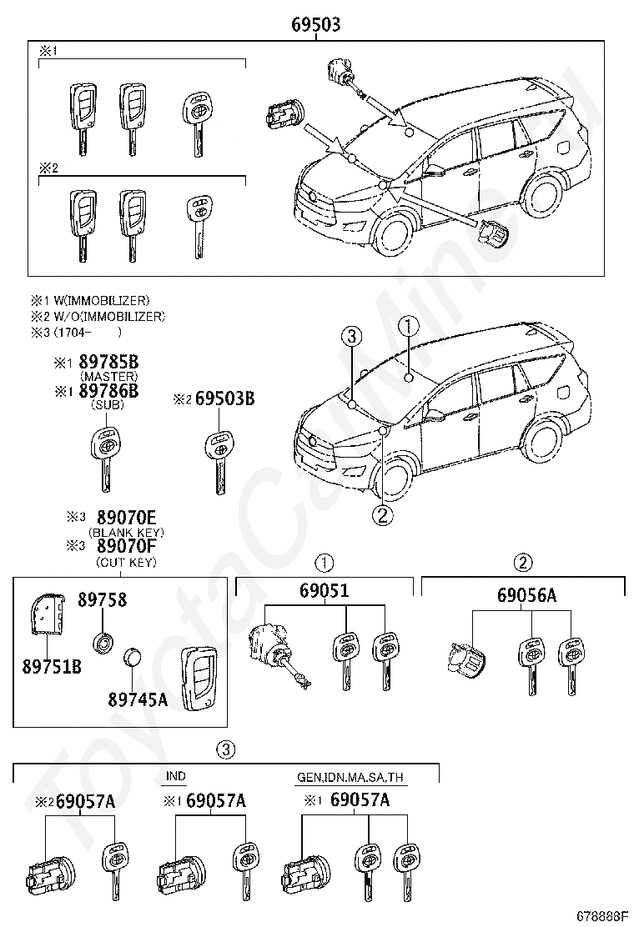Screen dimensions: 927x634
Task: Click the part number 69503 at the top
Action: point(315,25)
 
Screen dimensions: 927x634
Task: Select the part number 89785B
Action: point(108,363)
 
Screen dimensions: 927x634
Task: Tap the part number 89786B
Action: point(108,391)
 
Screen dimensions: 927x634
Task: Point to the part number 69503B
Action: point(224,399)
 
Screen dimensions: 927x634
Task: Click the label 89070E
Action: point(127,518)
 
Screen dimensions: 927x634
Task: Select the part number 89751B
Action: point(47,666)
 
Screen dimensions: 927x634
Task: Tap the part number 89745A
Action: point(138,699)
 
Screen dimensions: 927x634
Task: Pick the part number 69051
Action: point(324,591)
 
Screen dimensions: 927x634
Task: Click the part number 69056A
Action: point(526,595)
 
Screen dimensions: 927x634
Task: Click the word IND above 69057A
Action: point(175,776)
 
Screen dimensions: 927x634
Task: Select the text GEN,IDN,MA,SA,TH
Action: point(350,777)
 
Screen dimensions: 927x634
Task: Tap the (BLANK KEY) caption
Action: point(127,532)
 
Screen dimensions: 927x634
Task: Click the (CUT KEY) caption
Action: point(127,561)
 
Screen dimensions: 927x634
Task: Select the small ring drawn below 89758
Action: point(104,642)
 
